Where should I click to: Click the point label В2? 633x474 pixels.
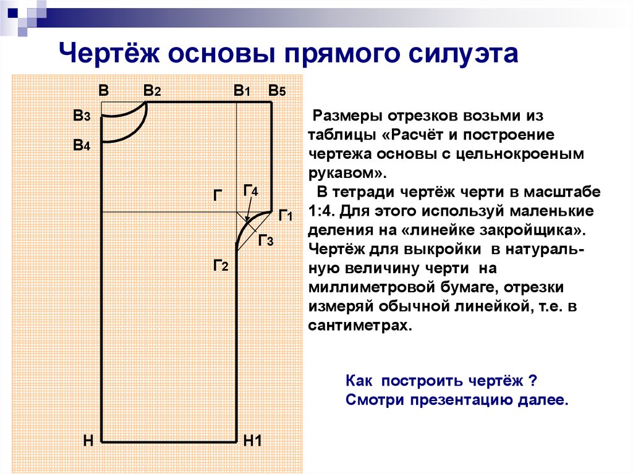click(x=152, y=91)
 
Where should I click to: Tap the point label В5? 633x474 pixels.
click(x=277, y=91)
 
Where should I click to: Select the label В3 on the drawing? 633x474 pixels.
click(x=82, y=116)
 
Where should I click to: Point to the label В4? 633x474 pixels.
click(x=82, y=145)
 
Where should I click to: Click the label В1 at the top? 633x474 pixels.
click(x=242, y=91)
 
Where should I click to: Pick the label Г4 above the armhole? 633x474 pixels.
click(x=251, y=190)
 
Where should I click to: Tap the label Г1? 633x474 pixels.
click(x=286, y=216)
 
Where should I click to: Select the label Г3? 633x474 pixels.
click(x=266, y=240)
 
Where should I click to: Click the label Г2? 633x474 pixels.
click(x=221, y=266)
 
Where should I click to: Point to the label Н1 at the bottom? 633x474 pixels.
click(x=253, y=441)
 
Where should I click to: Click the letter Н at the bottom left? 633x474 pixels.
click(x=88, y=441)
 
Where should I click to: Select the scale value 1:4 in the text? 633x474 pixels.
click(x=321, y=211)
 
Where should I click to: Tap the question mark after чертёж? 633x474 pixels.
click(x=533, y=381)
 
